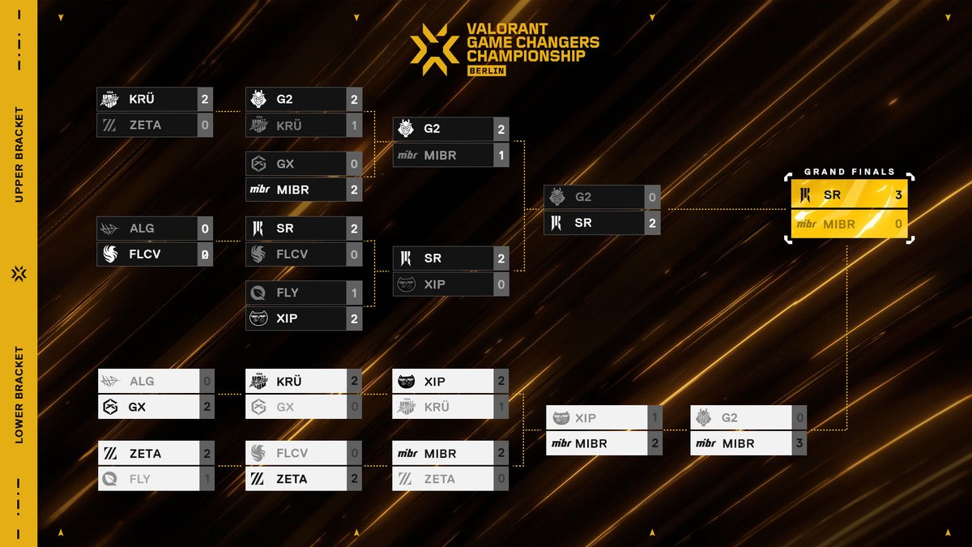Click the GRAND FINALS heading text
(x=849, y=172)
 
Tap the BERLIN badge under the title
(x=487, y=71)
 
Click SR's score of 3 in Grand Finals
(x=898, y=195)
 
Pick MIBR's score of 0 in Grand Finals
(x=898, y=224)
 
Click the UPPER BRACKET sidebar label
(x=19, y=154)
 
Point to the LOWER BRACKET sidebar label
(x=19, y=396)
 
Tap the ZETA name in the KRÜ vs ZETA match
(x=145, y=125)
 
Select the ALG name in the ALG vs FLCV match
(x=142, y=229)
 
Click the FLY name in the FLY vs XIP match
(x=287, y=293)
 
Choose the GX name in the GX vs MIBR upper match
(x=285, y=164)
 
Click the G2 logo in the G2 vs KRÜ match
(x=258, y=100)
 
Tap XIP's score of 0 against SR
(x=501, y=284)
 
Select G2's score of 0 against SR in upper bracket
(x=652, y=197)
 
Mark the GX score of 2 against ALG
(x=207, y=407)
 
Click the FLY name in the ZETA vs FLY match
(x=139, y=479)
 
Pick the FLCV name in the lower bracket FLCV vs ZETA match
(x=292, y=453)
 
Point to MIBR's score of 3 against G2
(x=799, y=443)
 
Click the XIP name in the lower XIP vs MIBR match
(x=585, y=418)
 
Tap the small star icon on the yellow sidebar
(x=19, y=274)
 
